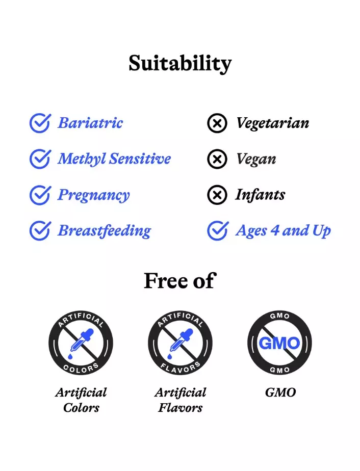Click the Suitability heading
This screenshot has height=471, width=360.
click(x=180, y=64)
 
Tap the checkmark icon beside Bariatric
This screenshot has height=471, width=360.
click(x=40, y=123)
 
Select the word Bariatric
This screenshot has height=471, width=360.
click(x=90, y=123)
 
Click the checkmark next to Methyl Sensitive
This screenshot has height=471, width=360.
click(x=40, y=159)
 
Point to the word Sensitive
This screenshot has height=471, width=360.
click(x=140, y=159)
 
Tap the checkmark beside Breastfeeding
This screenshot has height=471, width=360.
click(x=40, y=231)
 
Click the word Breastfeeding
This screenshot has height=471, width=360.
click(x=104, y=231)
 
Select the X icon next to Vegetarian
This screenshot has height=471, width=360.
click(x=217, y=123)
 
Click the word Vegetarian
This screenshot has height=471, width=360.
click(x=273, y=123)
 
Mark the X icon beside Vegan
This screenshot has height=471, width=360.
click(x=217, y=159)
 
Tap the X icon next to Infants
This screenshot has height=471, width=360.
click(x=217, y=195)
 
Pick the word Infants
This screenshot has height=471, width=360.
click(x=260, y=194)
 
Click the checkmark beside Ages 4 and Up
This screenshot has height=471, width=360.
click(x=218, y=231)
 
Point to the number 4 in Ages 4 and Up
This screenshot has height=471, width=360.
click(x=275, y=231)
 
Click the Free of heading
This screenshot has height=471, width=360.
click(x=180, y=280)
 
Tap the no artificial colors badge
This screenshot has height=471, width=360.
click(x=81, y=343)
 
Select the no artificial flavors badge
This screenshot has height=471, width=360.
click(x=181, y=343)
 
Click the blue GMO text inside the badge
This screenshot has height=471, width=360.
click(x=279, y=343)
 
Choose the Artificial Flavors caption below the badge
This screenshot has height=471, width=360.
click(x=181, y=400)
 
